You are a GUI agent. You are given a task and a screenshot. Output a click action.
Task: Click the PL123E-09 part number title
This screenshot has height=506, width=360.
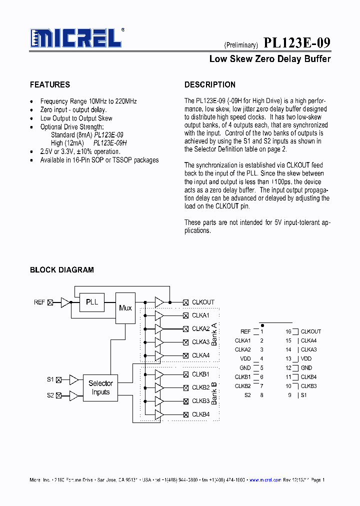tap(296, 43)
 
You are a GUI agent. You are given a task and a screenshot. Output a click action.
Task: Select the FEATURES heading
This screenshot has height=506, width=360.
tap(50, 84)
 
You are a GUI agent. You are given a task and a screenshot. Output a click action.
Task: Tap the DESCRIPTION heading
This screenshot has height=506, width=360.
tap(209, 84)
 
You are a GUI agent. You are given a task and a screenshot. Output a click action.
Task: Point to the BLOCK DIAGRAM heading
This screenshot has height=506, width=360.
tap(61, 270)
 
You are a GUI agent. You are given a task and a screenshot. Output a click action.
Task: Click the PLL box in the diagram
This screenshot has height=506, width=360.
tap(92, 302)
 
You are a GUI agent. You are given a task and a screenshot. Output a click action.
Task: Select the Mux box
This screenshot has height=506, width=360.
tap(125, 308)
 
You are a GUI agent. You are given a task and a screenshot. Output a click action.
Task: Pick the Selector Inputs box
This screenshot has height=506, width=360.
tap(100, 387)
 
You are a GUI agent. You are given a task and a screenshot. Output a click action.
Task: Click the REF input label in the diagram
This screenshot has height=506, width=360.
tap(39, 302)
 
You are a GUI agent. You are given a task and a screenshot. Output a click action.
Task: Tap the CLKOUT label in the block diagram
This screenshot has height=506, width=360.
tap(203, 302)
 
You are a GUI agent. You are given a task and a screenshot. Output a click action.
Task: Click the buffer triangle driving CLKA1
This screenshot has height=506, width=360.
tap(159, 315)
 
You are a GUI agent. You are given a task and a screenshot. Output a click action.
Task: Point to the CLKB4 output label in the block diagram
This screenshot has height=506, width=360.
tap(200, 414)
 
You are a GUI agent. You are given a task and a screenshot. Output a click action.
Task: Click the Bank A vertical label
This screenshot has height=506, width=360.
tap(214, 334)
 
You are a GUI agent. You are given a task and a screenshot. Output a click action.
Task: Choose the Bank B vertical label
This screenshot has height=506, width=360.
tap(214, 393)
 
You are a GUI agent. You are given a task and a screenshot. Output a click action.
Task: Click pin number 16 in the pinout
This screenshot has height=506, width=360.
tap(288, 331)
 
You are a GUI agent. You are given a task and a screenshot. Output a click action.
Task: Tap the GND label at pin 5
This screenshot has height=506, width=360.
tap(245, 368)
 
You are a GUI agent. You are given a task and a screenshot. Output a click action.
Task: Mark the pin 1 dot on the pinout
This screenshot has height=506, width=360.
tap(262, 325)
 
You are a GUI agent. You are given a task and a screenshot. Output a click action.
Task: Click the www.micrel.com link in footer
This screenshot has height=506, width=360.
tap(265, 480)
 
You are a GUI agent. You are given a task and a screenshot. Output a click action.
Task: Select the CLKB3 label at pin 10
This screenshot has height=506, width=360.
tap(308, 386)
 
